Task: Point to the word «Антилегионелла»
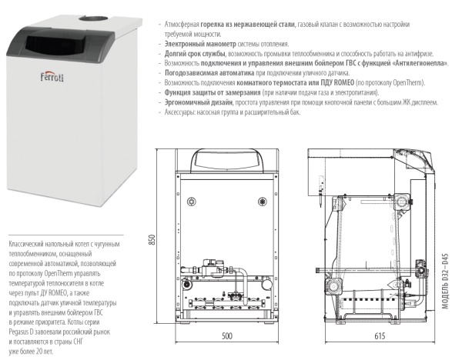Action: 413,63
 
